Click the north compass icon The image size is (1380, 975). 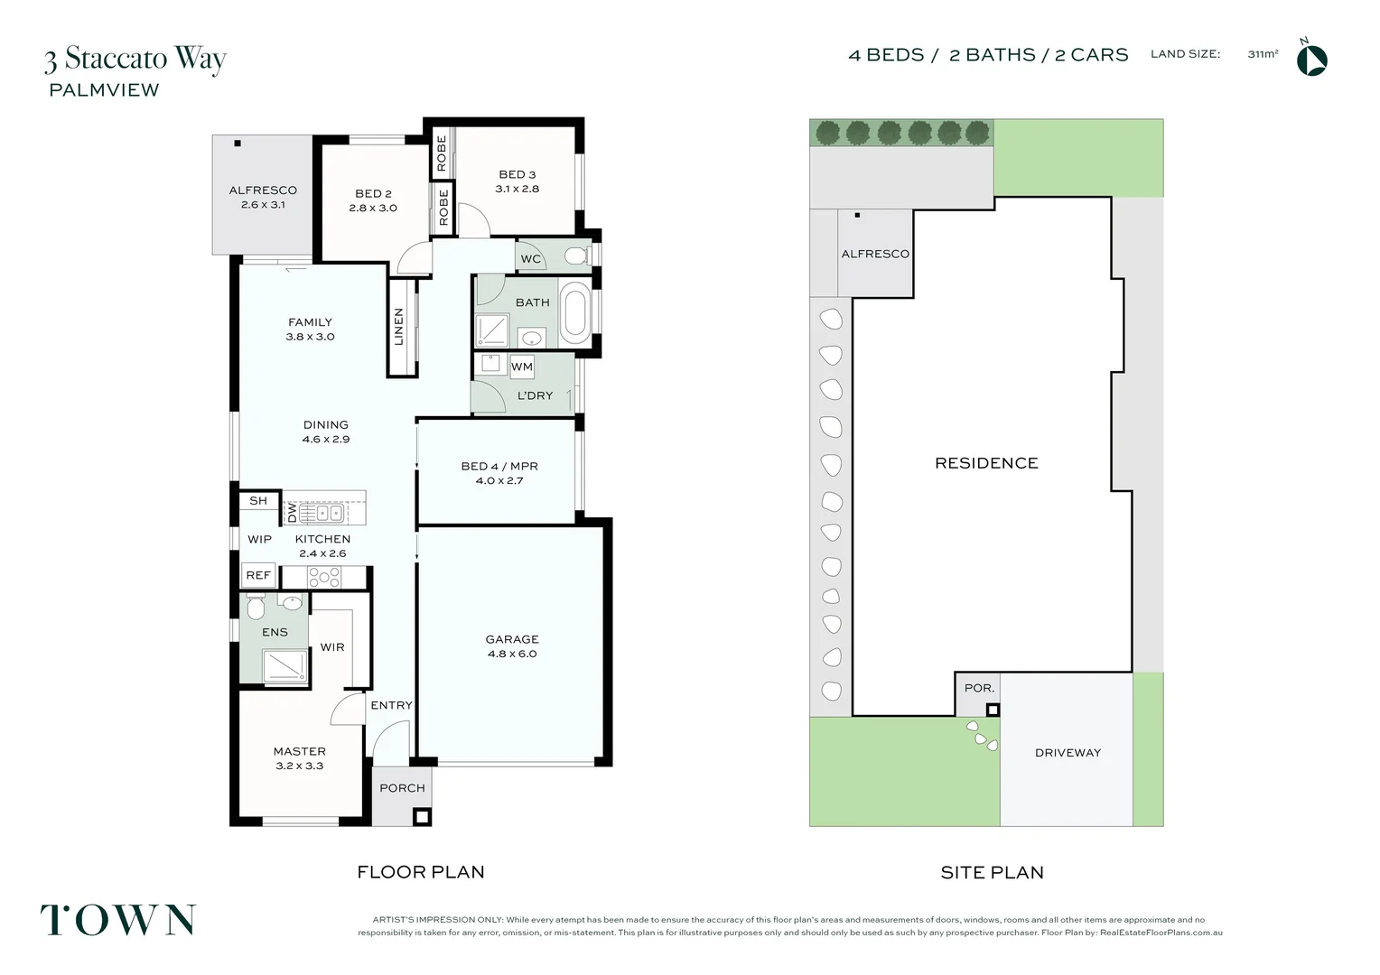[1311, 60]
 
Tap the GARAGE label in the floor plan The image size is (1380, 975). [512, 639]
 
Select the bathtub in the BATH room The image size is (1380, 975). [574, 313]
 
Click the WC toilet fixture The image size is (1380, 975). [575, 256]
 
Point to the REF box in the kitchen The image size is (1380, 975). [258, 575]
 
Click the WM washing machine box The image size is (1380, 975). [522, 367]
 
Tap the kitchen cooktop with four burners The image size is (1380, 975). [324, 577]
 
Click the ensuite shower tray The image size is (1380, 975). [284, 666]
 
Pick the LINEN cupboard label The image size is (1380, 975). [399, 327]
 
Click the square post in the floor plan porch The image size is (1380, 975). [422, 816]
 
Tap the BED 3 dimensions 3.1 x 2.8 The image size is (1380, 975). [517, 189]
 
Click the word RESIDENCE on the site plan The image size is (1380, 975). [986, 463]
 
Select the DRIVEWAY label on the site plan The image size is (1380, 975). [1068, 753]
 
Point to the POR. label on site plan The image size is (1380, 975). [979, 688]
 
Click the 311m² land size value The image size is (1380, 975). [1263, 54]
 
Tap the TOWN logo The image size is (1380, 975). [118, 920]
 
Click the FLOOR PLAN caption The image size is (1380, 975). [421, 872]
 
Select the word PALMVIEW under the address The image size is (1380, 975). [104, 90]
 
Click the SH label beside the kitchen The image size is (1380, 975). [258, 501]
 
